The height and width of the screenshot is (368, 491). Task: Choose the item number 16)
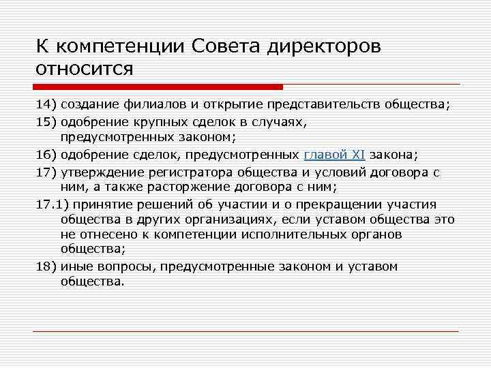click(47, 155)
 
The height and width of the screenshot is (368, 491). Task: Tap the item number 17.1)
click(53, 203)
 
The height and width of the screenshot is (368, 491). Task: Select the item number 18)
click(47, 266)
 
